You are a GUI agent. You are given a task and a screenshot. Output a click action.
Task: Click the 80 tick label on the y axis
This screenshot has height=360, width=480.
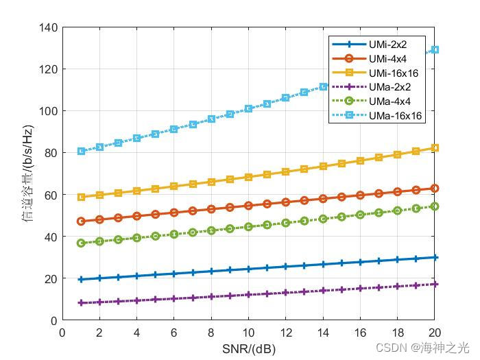tap(50, 153)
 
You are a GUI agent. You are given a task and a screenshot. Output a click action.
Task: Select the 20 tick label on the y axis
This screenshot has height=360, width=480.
tap(50, 278)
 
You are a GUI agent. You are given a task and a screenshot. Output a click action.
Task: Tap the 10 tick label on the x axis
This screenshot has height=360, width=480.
tap(248, 333)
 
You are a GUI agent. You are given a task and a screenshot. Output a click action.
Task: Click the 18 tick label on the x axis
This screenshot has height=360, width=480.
tap(397, 333)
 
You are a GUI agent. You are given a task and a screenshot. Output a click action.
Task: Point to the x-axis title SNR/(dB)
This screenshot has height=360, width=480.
tap(249, 348)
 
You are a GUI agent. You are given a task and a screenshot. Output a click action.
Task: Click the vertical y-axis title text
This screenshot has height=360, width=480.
tap(28, 173)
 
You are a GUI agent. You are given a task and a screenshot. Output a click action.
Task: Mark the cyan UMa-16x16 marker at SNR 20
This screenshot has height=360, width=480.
tap(435, 50)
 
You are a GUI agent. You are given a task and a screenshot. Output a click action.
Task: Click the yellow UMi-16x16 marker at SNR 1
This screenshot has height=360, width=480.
tap(81, 197)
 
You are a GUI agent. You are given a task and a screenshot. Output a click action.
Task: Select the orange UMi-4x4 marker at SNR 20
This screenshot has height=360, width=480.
tap(435, 188)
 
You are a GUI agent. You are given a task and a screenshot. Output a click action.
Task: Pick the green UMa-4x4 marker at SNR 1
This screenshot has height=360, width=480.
tap(81, 243)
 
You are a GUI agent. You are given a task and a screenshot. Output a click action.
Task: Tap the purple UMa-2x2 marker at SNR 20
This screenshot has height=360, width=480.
tap(435, 284)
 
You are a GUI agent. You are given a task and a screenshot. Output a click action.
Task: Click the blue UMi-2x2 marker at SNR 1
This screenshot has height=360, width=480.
tap(81, 280)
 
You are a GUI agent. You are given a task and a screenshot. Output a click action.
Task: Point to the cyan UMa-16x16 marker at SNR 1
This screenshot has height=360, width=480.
tap(81, 151)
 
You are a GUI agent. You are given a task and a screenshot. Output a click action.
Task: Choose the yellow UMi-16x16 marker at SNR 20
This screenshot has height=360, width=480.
tap(435, 148)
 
